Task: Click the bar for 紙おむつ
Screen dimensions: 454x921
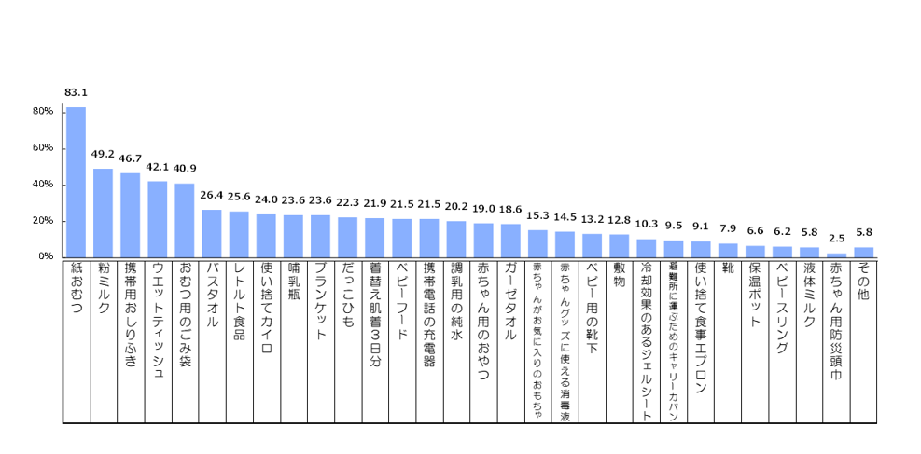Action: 76,182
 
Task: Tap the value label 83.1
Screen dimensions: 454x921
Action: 76,92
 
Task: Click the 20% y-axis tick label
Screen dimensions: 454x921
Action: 44,221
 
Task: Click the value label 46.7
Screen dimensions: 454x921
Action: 130,158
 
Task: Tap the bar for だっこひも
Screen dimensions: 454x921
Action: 347,237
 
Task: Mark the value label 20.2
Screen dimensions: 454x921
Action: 455,207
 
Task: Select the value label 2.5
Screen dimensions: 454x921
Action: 837,240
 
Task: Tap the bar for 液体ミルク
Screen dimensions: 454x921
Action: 810,252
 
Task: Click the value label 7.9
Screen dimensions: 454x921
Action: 728,229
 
